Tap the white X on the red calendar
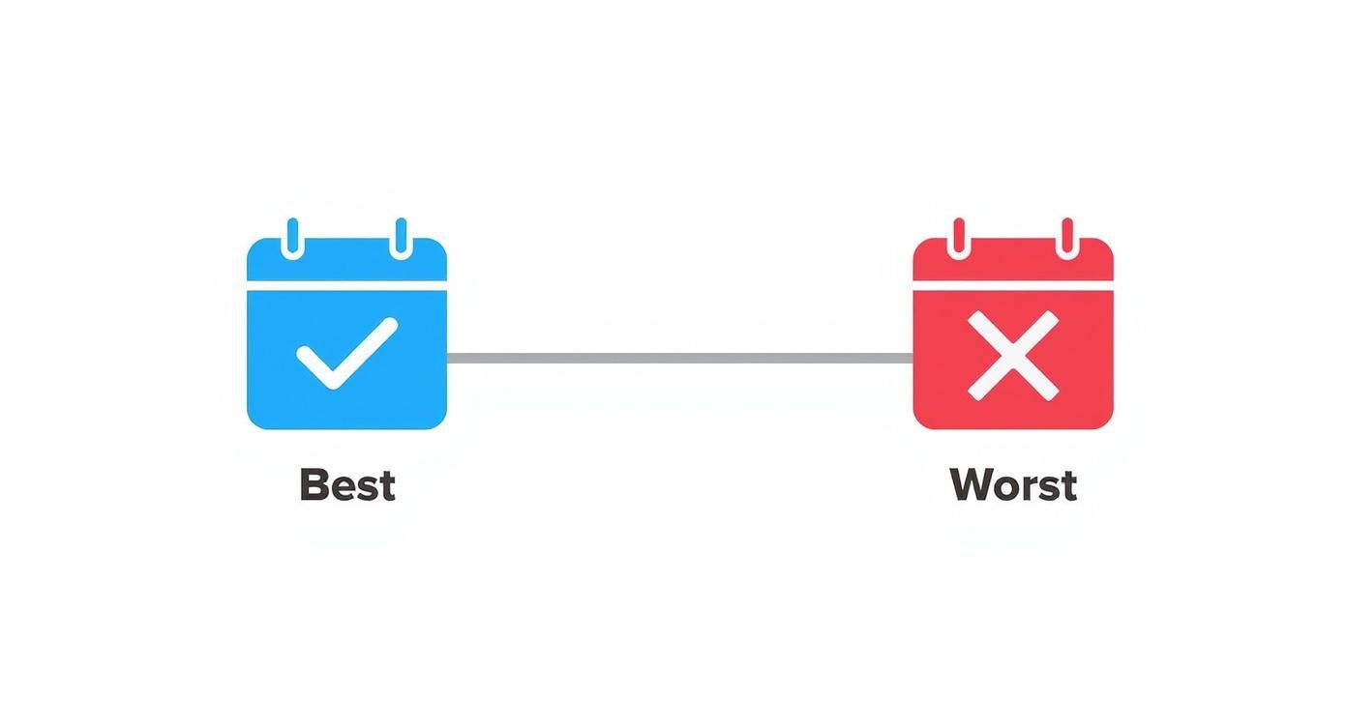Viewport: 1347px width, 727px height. [x=1013, y=356]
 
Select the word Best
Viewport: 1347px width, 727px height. [x=347, y=484]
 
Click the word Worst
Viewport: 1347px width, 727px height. [x=1013, y=484]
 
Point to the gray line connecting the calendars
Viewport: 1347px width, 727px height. [x=680, y=358]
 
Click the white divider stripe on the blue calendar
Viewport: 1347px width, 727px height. [x=347, y=285]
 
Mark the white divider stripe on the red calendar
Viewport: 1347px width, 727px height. [x=1013, y=285]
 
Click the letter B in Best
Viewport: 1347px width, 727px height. [x=313, y=484]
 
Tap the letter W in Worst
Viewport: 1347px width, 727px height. [x=973, y=484]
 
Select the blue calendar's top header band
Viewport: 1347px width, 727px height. [x=347, y=259]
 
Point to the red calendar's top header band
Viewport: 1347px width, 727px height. [x=1013, y=259]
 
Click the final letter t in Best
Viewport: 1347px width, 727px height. [x=387, y=486]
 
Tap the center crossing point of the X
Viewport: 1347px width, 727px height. [x=1013, y=356]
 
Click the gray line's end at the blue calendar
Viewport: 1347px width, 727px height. [x=448, y=358]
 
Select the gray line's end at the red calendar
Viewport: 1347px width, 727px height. [x=913, y=358]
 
